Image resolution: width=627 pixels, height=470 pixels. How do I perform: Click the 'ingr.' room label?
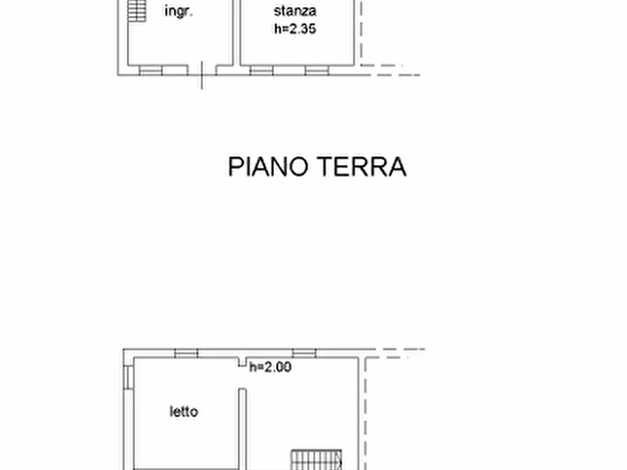coord(179,11)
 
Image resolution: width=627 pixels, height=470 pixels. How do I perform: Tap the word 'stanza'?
coord(295,11)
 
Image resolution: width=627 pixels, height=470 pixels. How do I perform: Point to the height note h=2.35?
coord(295,29)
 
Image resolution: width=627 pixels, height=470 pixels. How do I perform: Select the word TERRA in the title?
coord(362,166)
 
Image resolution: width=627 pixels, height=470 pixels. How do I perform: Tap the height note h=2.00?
coord(270,366)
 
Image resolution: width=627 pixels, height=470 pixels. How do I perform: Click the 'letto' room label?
coord(184,411)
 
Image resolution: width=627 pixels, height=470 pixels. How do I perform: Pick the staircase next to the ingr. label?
coord(137,11)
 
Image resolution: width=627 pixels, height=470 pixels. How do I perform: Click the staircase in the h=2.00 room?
coord(316,459)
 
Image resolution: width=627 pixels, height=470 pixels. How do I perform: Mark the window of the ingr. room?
coord(151,70)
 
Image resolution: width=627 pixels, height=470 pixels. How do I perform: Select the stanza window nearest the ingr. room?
coord(261,70)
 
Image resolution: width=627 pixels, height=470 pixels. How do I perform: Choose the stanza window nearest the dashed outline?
coord(317,70)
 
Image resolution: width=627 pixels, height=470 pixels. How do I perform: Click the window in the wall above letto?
coord(186,354)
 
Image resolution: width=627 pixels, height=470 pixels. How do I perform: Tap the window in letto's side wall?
coord(128,377)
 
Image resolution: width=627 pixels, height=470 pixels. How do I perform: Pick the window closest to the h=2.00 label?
coord(304,354)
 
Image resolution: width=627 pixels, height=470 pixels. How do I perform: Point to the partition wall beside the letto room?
coord(242,429)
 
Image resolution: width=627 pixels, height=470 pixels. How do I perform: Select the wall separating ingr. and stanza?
coord(237,33)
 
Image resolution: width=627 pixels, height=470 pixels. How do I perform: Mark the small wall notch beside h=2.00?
coord(242,362)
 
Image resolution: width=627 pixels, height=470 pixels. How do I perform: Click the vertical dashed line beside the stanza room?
coord(361,33)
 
